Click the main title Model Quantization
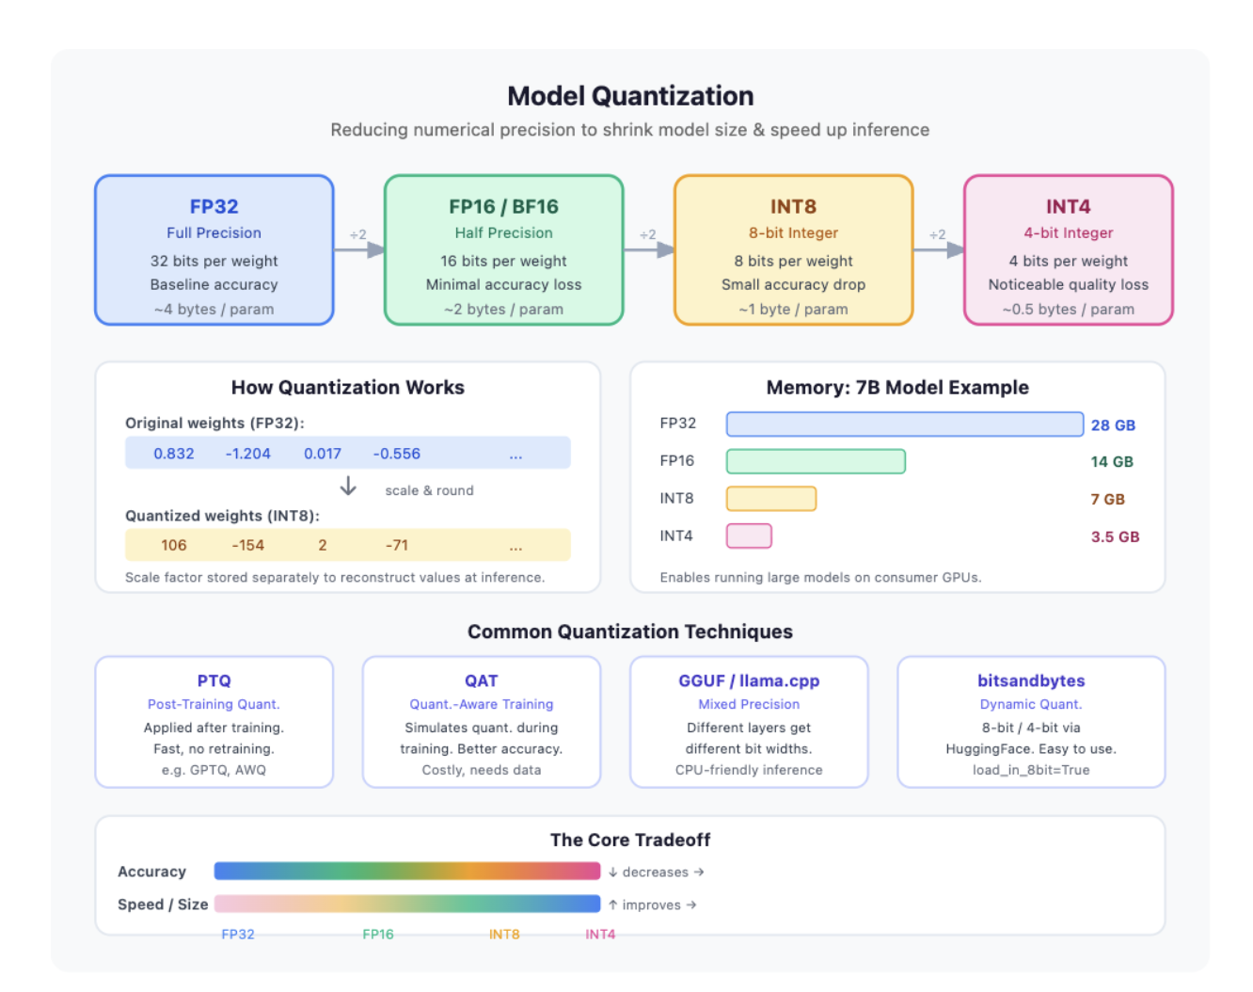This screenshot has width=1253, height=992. pos(630,96)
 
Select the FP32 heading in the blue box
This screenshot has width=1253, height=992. pos(214,207)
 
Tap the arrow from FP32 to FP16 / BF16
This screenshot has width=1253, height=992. pos(359,250)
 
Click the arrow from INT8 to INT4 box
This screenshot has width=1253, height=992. pos(939,250)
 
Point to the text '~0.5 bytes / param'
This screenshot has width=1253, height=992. pos(1068,310)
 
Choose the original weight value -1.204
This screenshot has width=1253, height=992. pos(248,454)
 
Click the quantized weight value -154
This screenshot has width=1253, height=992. pos(248,545)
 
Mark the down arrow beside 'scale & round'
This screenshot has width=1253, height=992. pos(348,486)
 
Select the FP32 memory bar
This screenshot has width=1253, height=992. pos(904,424)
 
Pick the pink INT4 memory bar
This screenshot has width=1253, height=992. pos(749,536)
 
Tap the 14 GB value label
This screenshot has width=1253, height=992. pos(1112,462)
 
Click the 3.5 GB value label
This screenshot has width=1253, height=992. pos(1115,536)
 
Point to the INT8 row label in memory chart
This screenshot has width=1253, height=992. pos(676,499)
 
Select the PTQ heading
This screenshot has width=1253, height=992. pos(214,680)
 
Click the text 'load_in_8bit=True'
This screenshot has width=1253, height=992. pos(1031,770)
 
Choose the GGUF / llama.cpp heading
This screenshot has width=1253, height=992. pos(749,680)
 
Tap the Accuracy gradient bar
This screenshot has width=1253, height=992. pos(407,871)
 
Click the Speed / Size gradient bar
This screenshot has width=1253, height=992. pos(407,904)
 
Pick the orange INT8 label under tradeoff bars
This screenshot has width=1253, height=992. pos(503,935)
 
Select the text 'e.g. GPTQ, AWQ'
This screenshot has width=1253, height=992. pos(214,770)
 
